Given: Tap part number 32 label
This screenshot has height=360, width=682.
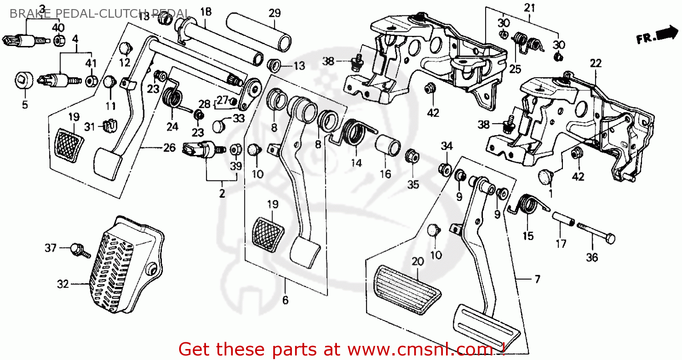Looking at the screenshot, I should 63,285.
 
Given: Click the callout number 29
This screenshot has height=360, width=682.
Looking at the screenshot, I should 275,14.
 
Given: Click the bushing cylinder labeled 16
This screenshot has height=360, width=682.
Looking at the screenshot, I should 388,143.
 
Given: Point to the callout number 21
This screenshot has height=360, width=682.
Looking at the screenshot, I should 530,8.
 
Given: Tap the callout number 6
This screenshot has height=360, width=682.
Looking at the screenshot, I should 286,300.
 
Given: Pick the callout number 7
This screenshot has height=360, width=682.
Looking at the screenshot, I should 537,280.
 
